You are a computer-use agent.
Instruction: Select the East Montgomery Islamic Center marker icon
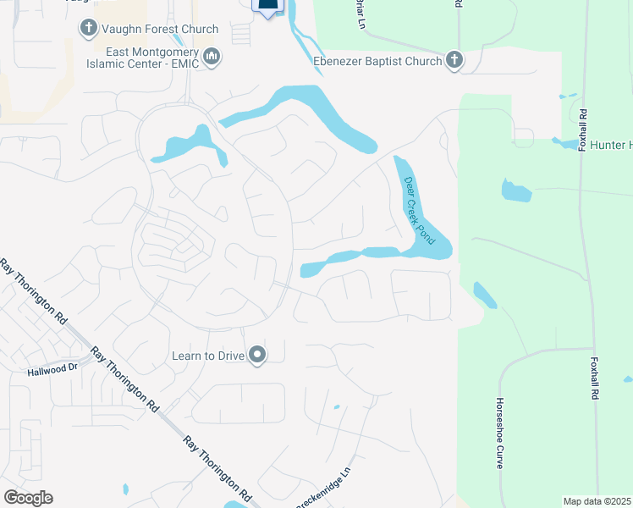(x=212, y=57)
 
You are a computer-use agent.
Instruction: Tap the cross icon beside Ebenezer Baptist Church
(x=454, y=60)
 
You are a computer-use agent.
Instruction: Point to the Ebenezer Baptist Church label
(x=376, y=61)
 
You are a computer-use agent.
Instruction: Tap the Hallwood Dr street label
(x=52, y=369)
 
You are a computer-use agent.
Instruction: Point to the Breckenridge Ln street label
(x=322, y=489)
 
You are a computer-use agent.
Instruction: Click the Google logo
(x=28, y=498)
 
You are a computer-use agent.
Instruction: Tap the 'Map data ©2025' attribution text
(x=597, y=501)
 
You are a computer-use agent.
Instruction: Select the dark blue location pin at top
(x=267, y=7)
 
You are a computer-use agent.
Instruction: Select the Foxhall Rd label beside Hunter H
(x=582, y=127)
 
